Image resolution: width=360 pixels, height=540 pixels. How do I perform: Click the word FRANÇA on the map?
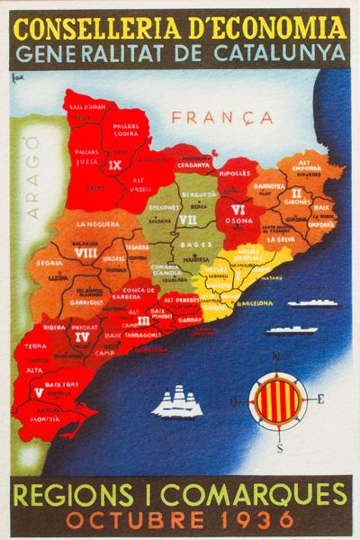coord(209,118)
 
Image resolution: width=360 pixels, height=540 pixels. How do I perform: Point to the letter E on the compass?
coord(321,398)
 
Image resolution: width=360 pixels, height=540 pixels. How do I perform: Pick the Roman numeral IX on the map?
coord(114,166)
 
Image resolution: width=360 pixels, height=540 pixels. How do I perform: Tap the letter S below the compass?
coord(280,447)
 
